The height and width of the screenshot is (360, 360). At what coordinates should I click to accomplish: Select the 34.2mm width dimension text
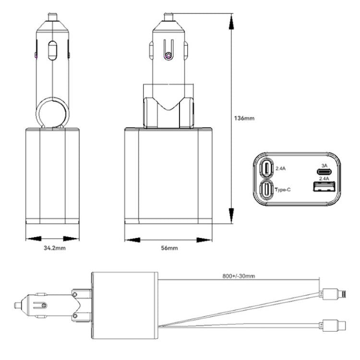(x=51, y=248)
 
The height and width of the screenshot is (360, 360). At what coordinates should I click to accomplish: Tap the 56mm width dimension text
(x=168, y=248)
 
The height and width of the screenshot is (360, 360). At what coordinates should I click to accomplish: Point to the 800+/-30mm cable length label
(x=239, y=276)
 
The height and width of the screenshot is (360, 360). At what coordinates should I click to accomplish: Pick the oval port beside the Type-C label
(x=266, y=190)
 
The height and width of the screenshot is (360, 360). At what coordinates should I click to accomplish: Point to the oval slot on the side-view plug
(x=52, y=50)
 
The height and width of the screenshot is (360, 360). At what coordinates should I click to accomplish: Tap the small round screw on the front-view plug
(x=167, y=57)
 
